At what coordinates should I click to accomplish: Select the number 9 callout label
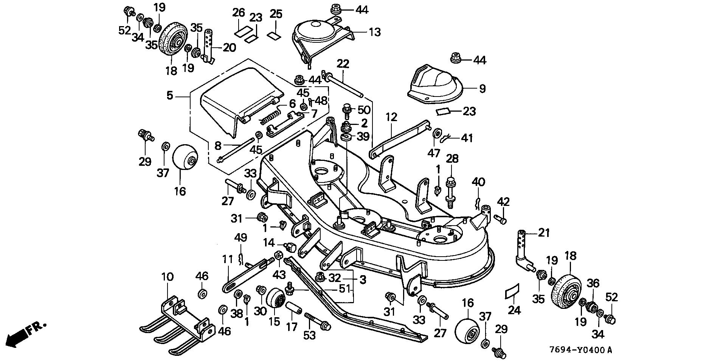[x=482, y=89]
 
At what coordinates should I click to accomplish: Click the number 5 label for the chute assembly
[x=169, y=95]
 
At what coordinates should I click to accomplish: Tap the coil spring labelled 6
[x=270, y=116]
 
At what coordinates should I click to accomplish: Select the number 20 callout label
[x=229, y=48]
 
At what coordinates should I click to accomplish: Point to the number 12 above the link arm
[x=391, y=117]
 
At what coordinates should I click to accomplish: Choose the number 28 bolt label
[x=452, y=159]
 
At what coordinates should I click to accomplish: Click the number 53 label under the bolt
[x=309, y=335]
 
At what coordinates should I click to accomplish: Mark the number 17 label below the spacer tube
[x=292, y=326]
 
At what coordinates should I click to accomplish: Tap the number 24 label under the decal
[x=514, y=310]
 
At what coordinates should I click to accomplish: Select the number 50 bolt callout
[x=364, y=110]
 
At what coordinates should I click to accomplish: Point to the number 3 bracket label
[x=363, y=280]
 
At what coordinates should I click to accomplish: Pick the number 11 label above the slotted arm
[x=227, y=259]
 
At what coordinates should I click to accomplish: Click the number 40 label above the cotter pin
[x=478, y=182]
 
